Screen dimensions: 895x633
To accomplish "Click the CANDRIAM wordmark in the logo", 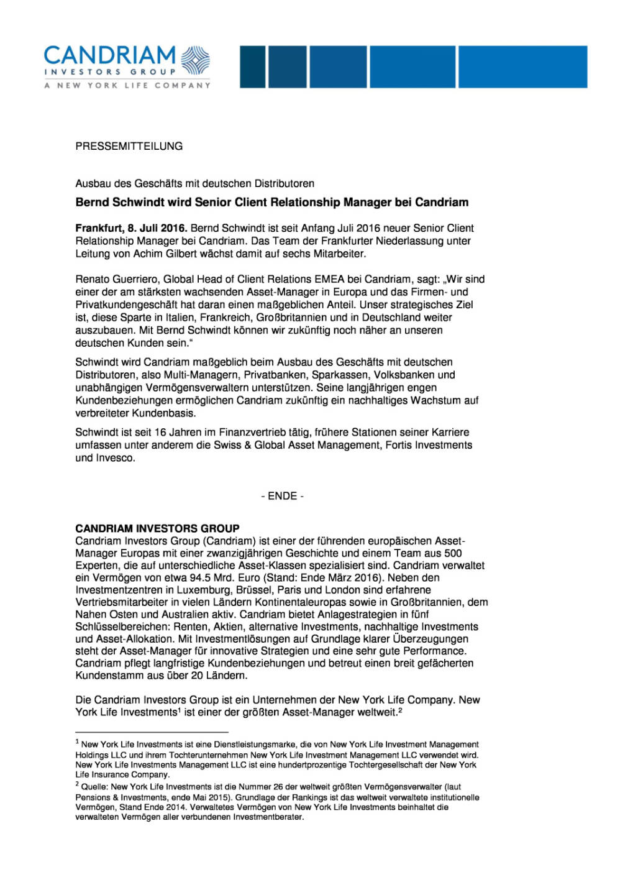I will tap(109, 55).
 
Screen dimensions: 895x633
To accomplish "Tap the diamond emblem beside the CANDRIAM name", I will tap(195, 60).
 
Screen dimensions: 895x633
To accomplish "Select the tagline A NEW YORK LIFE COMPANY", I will tap(127, 85).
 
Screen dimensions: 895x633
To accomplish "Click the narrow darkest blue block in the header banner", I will tap(252, 67).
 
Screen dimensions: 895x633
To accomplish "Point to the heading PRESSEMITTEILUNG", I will tap(129, 146).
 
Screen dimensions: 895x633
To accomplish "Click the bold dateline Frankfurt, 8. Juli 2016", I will tap(130, 228).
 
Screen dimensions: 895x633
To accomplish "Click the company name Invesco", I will tap(116, 457).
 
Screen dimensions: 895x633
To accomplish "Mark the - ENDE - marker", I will tap(282, 496).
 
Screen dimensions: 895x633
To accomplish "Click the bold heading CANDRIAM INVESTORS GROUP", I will tap(157, 528).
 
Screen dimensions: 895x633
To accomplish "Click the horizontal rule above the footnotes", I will tap(152, 732).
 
